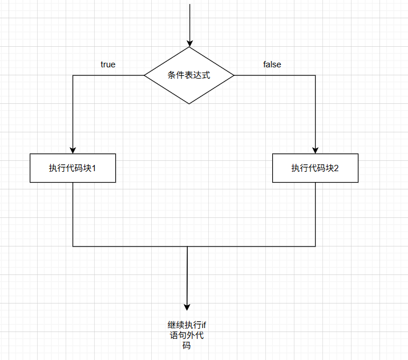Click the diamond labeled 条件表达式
(x=189, y=75)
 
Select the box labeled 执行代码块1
(x=73, y=168)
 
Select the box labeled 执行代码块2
(x=315, y=168)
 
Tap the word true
(x=108, y=64)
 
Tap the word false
(x=272, y=64)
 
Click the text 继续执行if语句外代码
(x=187, y=335)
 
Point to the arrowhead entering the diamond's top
(x=189, y=43)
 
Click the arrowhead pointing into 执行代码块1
(x=73, y=149)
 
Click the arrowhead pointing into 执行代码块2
(x=315, y=149)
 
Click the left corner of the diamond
(x=144, y=75)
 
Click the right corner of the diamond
(x=234, y=75)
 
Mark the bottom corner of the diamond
(x=189, y=104)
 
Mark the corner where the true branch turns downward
(x=73, y=75)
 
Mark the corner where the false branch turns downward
(x=315, y=75)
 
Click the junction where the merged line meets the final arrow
(x=187, y=246)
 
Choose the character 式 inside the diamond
(x=207, y=75)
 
